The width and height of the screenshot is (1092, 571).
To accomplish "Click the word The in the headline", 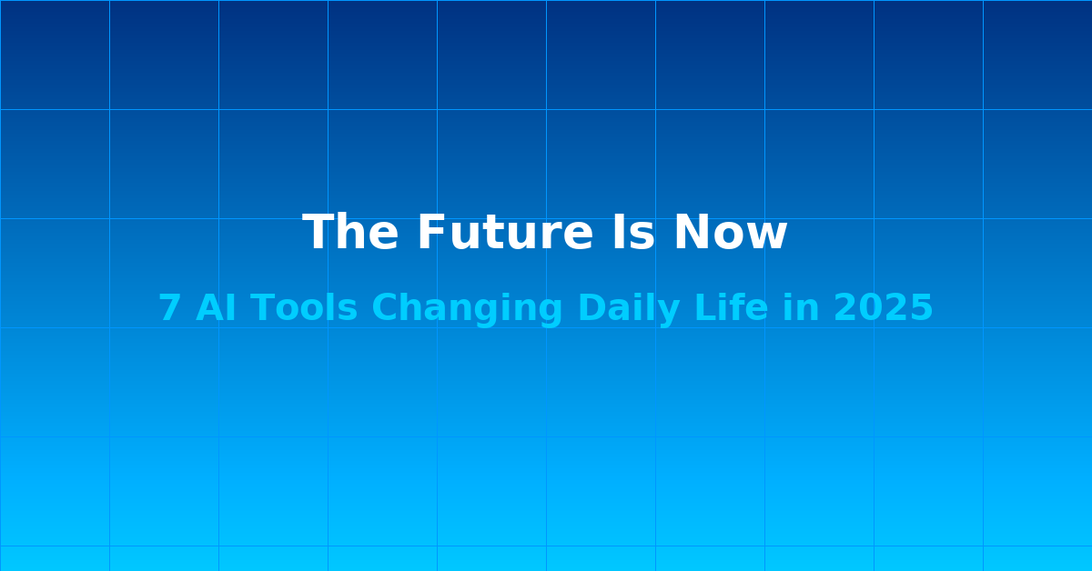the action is pyautogui.click(x=350, y=233).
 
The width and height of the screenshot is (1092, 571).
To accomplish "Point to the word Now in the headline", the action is pyautogui.click(x=730, y=233).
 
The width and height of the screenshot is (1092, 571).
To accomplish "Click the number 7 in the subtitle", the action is pyautogui.click(x=168, y=307).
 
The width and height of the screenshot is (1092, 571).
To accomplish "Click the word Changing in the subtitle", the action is pyautogui.click(x=467, y=310).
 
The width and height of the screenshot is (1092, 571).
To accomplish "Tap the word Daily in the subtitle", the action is pyautogui.click(x=629, y=310).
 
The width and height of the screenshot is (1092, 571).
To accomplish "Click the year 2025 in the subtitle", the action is pyautogui.click(x=883, y=307).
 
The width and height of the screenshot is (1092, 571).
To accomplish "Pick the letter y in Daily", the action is pyautogui.click(x=668, y=315).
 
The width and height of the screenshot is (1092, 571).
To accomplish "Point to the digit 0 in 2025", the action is pyautogui.click(x=870, y=307).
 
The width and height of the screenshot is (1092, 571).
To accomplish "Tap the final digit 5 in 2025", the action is pyautogui.click(x=921, y=307).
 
